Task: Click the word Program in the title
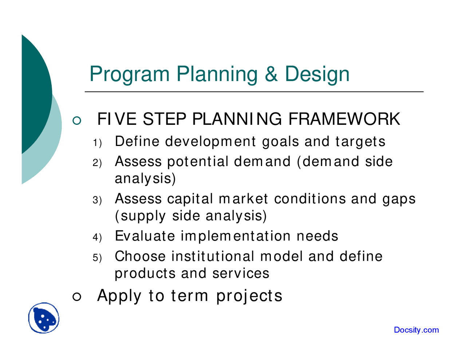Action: coord(129,74)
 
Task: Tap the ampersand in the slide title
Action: coord(271,74)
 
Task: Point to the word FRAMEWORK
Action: coord(344,119)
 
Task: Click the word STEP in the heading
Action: coord(163,119)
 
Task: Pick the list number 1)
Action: coord(97,143)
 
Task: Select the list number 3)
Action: coord(97,200)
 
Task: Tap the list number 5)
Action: coord(97,258)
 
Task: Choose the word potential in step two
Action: coord(198,162)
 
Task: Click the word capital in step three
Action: coord(190,199)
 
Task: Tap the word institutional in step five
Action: coord(213,256)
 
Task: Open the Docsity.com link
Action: coord(416,330)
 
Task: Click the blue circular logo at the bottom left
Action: coord(44,318)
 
